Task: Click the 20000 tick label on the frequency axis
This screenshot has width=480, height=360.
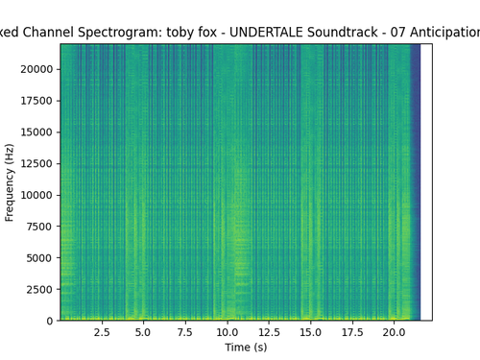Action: click(x=36, y=69)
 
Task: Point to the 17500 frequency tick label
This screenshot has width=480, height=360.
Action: click(x=36, y=101)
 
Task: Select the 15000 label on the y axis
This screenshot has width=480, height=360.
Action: click(x=36, y=132)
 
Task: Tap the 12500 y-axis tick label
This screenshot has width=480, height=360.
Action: click(x=36, y=163)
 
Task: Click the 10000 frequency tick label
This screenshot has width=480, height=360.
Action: click(x=36, y=195)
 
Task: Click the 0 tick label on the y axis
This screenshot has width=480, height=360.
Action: click(x=50, y=321)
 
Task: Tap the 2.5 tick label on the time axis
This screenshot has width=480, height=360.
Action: click(x=102, y=332)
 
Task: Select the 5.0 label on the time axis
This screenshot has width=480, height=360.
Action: click(x=143, y=332)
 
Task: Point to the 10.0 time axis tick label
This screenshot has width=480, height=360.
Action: click(x=227, y=332)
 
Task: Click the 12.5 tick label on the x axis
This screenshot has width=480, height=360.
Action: click(x=269, y=332)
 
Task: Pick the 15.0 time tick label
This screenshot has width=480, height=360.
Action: click(x=310, y=332)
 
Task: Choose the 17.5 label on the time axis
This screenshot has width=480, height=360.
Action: click(x=352, y=332)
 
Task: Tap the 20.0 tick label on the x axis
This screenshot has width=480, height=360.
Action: click(x=394, y=332)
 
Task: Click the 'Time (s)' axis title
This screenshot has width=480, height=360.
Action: click(x=246, y=348)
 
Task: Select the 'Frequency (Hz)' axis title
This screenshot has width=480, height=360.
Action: click(x=10, y=182)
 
